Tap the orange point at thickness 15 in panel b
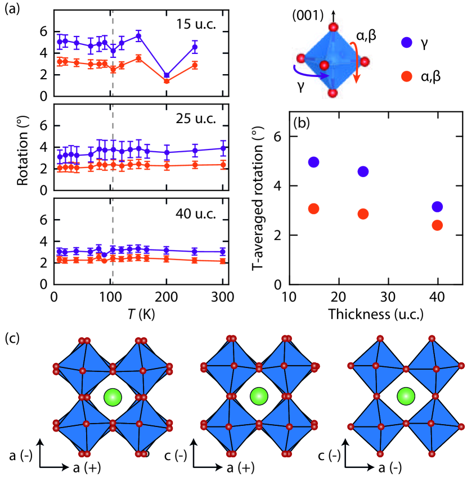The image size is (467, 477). [314, 208]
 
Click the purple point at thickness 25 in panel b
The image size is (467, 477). [363, 171]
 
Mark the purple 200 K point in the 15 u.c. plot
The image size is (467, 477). [167, 75]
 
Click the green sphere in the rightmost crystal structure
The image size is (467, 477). [404, 397]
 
